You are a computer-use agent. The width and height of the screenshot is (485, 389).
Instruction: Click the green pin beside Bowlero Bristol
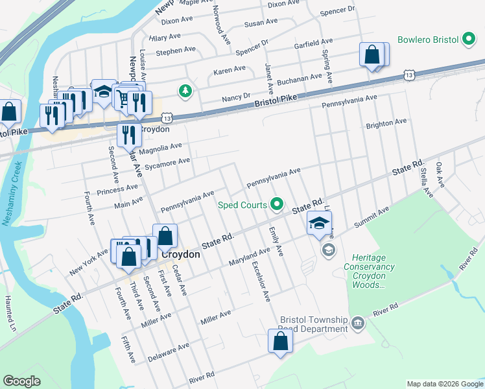(469, 40)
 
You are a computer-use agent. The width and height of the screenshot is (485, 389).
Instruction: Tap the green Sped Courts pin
(278, 205)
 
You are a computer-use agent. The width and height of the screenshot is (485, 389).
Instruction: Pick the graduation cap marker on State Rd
(319, 224)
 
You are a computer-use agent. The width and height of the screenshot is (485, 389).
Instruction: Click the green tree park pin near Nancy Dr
(186, 90)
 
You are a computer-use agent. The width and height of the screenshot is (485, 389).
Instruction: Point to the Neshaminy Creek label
(12, 194)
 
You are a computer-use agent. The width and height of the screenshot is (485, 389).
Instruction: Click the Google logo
(21, 381)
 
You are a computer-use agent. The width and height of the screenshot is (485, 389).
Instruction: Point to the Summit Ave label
(371, 218)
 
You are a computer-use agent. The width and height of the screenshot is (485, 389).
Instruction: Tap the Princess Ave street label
(117, 189)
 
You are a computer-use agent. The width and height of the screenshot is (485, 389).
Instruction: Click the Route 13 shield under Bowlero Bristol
(408, 75)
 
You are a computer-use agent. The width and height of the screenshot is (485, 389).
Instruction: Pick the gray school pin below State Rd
(329, 250)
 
